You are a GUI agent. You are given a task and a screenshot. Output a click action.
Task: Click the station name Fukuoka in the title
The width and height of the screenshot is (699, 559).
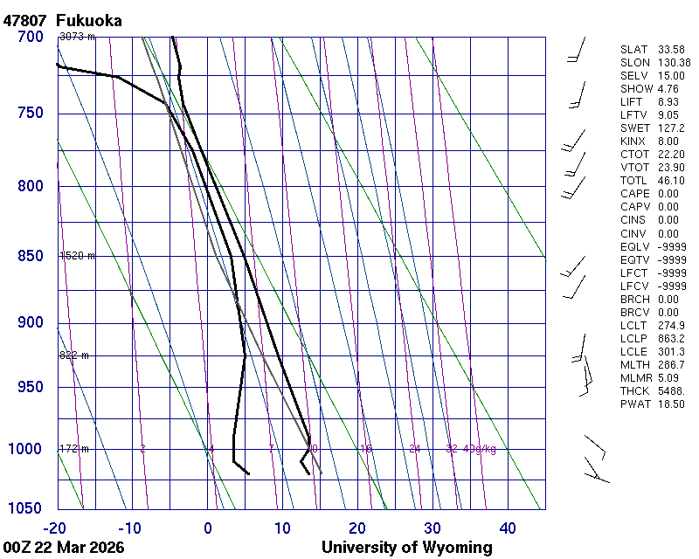pos(88,20)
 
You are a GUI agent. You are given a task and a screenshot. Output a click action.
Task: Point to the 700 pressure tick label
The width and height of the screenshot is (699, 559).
pos(30,37)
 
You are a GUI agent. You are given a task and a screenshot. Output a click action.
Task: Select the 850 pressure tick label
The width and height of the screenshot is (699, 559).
pos(30,256)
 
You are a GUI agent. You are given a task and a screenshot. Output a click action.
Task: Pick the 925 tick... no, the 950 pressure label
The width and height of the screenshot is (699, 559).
pos(30,387)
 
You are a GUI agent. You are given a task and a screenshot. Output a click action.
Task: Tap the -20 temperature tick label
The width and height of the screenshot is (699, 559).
pos(56,528)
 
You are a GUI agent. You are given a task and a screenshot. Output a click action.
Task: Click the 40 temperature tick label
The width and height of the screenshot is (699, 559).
pos(508,528)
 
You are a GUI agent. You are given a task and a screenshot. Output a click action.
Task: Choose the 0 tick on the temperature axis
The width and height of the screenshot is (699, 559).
pos(208,528)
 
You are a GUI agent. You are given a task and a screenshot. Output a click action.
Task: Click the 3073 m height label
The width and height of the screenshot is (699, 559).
pos(77,37)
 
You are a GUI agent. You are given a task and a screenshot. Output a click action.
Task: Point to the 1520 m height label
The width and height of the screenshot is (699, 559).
pos(77,256)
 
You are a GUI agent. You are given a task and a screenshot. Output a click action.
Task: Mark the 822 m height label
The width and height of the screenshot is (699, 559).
pos(74,355)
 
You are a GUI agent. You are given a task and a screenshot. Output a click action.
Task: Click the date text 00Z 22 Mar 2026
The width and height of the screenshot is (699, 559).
pos(63,548)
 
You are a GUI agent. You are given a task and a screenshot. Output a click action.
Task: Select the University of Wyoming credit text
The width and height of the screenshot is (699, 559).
pos(406,548)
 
